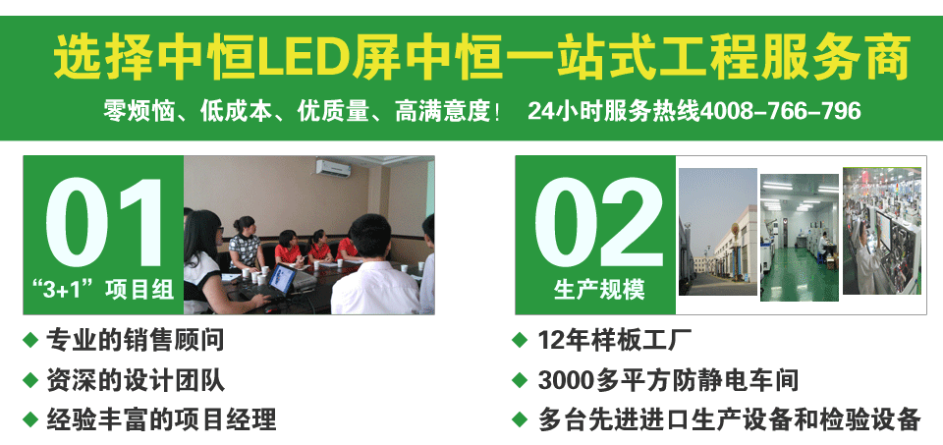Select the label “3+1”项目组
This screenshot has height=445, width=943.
coord(103,289)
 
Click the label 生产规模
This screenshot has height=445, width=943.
coord(598,290)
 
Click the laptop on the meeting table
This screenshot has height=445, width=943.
coord(282,281)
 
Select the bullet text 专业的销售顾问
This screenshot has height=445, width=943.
coord(136,341)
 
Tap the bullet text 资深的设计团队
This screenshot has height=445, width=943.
coord(136,380)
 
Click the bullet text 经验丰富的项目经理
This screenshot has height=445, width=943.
coord(162,419)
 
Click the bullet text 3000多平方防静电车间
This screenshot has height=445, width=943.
coord(668,380)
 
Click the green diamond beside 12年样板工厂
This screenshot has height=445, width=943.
coord(520,341)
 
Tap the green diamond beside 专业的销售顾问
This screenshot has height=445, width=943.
coord(29,341)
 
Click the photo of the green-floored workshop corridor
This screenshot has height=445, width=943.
coord(799,237)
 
